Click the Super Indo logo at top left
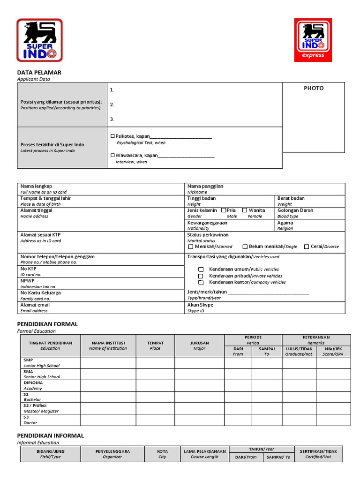coord(39,40)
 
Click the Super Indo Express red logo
coord(313,40)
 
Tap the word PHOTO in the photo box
coord(314,88)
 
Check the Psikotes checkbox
coord(112,136)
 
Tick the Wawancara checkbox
coord(112,155)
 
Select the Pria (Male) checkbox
coord(224,210)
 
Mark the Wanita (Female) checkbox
coord(245,210)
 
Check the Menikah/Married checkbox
coord(191,247)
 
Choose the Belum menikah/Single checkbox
coord(245,247)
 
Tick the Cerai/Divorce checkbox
coord(307,247)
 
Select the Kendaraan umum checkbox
coord(201,270)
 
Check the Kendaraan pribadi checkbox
coord(201,276)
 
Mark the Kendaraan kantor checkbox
coord(201,283)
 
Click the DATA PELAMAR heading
coord(39,73)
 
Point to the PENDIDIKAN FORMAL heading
coord(47,324)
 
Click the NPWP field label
coord(27,280)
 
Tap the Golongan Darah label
coord(295,210)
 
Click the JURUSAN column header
coord(199,343)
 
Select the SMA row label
coord(28,371)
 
